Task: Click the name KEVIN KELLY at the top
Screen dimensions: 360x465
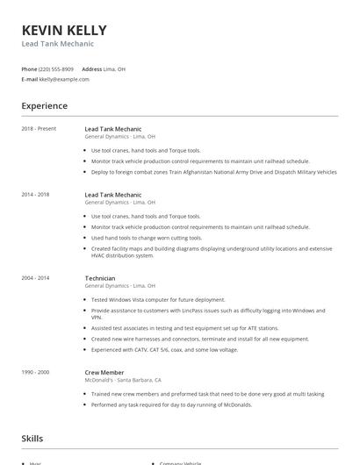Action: coord(65,30)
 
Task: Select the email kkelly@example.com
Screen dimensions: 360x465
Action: coord(64,79)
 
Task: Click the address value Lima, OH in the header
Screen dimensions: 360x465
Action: coord(114,68)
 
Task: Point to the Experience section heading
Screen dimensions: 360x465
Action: coord(44,106)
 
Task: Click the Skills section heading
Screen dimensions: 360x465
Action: coord(32,438)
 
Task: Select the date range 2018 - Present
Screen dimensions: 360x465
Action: coord(39,129)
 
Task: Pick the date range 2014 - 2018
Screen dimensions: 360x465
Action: coord(35,194)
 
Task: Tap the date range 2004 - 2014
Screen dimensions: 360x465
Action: coord(35,278)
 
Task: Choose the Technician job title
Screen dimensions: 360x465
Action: coord(99,278)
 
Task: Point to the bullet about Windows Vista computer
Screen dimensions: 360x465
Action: coord(158,299)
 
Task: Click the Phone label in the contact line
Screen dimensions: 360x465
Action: coord(29,68)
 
